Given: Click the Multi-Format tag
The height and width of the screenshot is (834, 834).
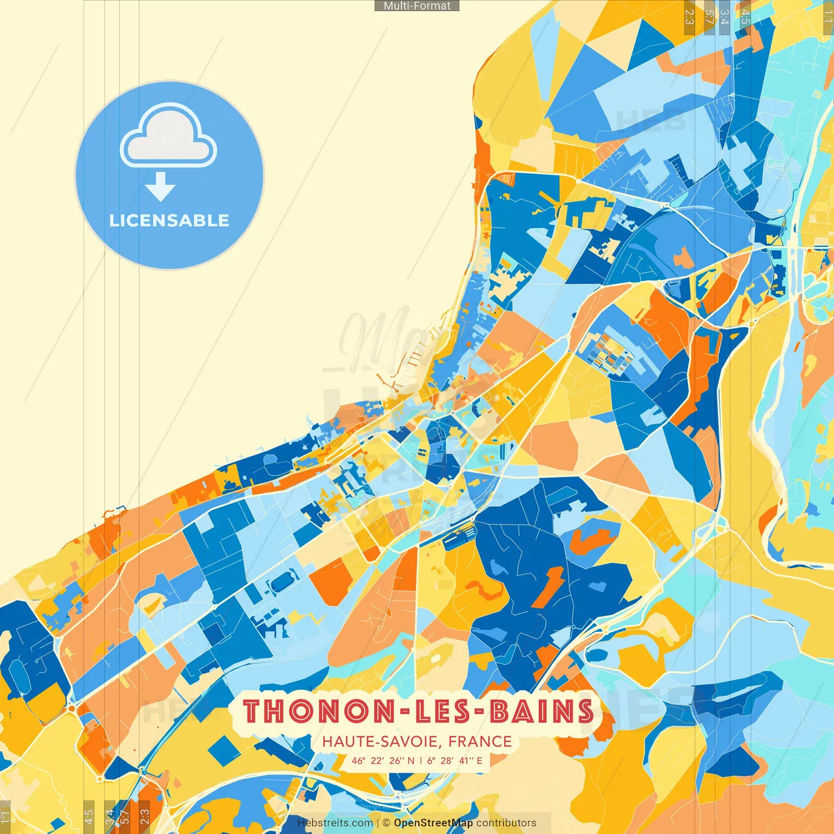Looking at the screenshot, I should (x=417, y=6).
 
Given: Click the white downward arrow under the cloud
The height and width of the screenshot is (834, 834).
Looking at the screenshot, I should (x=160, y=188).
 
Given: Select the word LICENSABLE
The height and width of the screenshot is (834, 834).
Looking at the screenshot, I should (x=169, y=220).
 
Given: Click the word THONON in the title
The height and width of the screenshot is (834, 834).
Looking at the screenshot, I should (x=313, y=711).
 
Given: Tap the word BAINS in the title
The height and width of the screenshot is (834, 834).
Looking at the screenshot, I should (x=542, y=711).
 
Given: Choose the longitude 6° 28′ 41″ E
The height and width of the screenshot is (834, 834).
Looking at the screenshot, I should (x=455, y=760).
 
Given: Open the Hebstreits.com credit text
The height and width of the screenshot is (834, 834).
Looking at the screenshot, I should (x=335, y=823).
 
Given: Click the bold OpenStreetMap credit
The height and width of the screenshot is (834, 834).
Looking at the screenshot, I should (x=433, y=823).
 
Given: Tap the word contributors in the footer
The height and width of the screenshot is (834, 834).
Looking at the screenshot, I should (x=506, y=823).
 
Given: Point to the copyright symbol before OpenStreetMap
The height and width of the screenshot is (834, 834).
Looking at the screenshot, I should (x=387, y=823).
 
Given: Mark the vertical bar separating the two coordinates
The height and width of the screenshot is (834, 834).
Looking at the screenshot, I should (x=421, y=760).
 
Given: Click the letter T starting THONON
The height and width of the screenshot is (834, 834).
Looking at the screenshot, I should (x=253, y=711).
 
